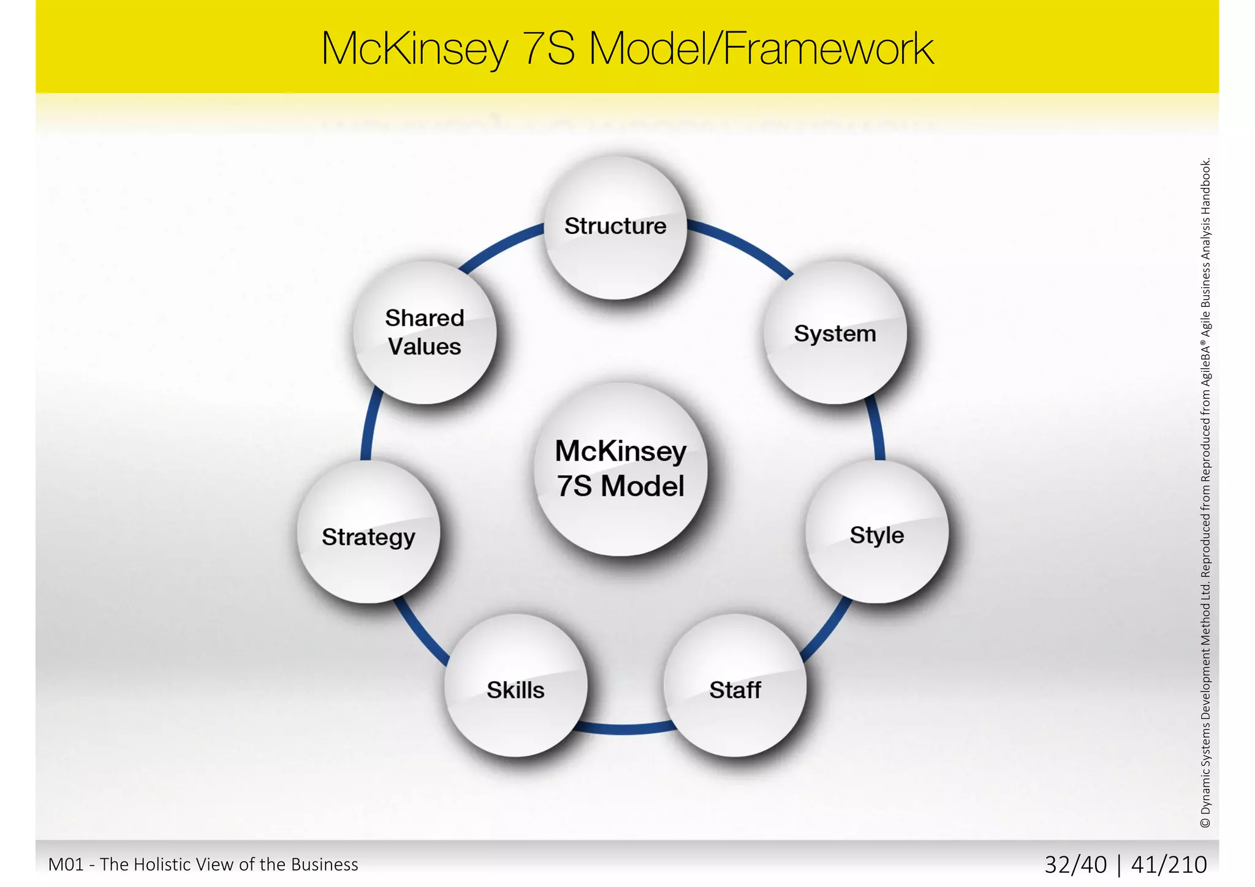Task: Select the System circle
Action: [x=835, y=333]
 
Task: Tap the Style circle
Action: [x=876, y=532]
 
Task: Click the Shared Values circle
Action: [x=425, y=333]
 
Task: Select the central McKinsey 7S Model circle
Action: [x=620, y=469]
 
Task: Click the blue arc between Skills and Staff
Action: [x=625, y=729]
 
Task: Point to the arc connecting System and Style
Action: [x=876, y=429]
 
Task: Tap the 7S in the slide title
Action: [x=548, y=48]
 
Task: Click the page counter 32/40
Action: [x=1075, y=864]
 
